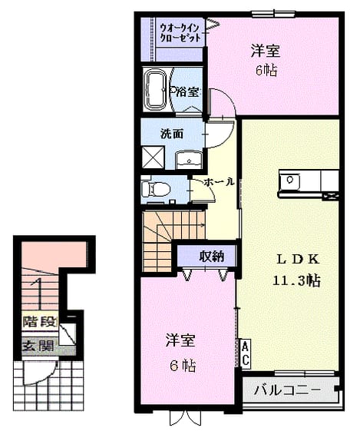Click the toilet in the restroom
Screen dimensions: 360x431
(156, 190)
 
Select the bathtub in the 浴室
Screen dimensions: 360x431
(155, 89)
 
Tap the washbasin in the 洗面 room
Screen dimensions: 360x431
(189, 161)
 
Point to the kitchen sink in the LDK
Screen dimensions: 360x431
(289, 181)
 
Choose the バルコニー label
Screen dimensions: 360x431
(287, 390)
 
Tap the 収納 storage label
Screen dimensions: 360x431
(211, 257)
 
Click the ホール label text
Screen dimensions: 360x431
(219, 181)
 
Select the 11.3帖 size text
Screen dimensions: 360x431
(296, 280)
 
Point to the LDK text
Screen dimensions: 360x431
(298, 260)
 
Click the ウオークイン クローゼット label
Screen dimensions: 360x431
(180, 33)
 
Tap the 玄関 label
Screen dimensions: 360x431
(38, 346)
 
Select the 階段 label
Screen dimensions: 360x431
(40, 322)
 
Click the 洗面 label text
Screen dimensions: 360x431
(172, 134)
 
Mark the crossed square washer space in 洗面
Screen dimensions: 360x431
(153, 157)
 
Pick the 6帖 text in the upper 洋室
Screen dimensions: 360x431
(266, 71)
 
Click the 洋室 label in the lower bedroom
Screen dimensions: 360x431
(180, 340)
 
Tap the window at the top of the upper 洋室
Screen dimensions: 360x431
(273, 14)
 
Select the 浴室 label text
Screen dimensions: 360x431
(187, 92)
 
